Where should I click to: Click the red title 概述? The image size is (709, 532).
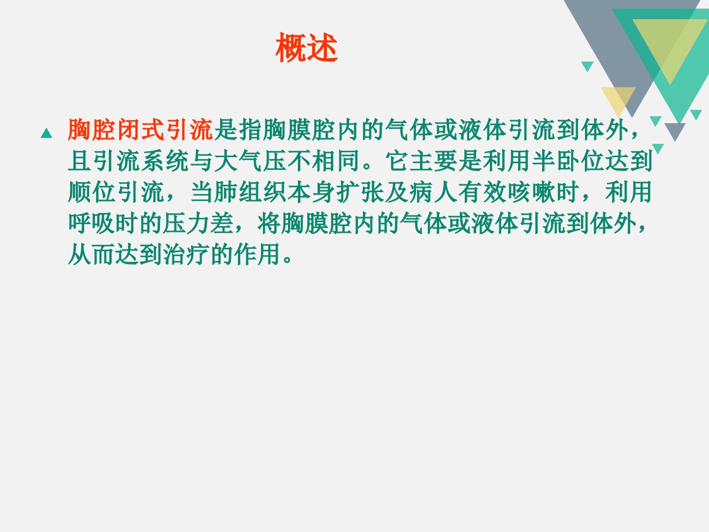click(x=307, y=47)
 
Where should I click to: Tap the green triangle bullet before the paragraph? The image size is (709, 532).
click(x=46, y=133)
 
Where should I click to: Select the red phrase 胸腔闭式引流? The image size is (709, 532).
click(x=140, y=130)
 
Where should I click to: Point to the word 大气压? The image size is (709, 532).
click(x=250, y=161)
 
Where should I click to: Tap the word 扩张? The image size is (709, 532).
click(x=360, y=192)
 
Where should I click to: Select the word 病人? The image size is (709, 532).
click(x=433, y=192)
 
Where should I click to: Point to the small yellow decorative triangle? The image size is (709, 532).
click(x=618, y=99)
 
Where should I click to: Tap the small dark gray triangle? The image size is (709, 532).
click(x=675, y=130)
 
